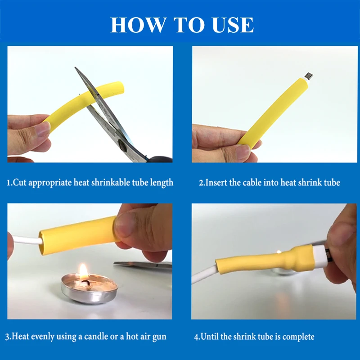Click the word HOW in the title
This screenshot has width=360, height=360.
tap(139, 25)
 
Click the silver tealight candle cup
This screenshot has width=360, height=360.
tap(90, 288)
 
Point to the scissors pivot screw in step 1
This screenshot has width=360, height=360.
tap(122, 145)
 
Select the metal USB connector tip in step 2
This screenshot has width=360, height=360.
tap(309, 76)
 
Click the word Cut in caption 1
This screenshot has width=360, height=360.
tap(19, 183)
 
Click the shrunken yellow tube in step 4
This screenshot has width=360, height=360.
tap(264, 260)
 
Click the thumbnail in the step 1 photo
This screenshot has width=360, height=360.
tap(44, 129)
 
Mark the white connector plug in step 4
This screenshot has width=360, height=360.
tap(319, 256)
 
